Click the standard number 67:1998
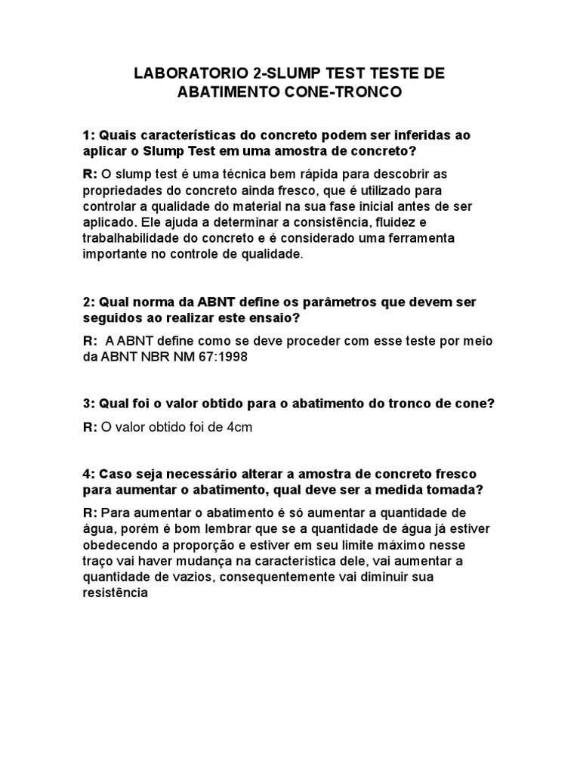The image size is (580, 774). coord(222,358)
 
